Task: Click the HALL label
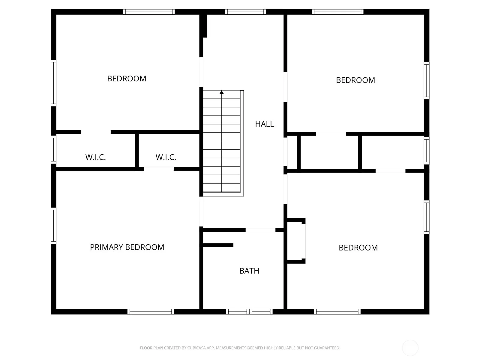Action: (x=264, y=124)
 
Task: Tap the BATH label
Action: (x=249, y=271)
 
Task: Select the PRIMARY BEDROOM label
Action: (x=127, y=247)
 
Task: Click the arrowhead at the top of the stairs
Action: (x=221, y=92)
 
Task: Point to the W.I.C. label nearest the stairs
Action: (x=166, y=157)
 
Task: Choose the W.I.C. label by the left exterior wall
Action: (x=96, y=157)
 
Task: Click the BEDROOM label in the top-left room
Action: (x=127, y=79)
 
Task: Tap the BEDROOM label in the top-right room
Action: (x=355, y=80)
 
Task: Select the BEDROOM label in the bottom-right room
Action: (x=358, y=248)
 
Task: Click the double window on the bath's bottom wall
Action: (x=249, y=311)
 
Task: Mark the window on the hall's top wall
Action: (x=246, y=12)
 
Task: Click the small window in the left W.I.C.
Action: (x=54, y=149)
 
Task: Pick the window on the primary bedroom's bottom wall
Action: (x=151, y=311)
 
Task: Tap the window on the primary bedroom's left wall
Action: (x=54, y=226)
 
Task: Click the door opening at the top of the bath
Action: (x=260, y=230)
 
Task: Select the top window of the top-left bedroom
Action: (x=149, y=12)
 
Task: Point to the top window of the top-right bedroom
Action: (x=337, y=12)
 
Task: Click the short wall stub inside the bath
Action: (x=218, y=245)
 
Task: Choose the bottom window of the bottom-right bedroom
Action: (x=337, y=311)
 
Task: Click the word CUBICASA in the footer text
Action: (x=196, y=348)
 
